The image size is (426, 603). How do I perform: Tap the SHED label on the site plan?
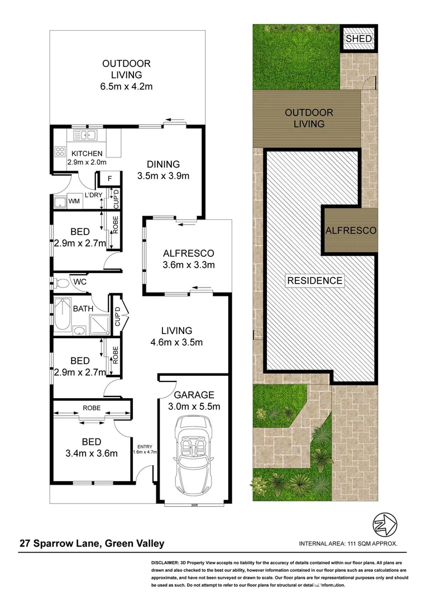pos(357,39)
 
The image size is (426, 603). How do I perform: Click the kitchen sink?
pos(84,135)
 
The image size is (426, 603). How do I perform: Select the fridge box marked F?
pos(110,178)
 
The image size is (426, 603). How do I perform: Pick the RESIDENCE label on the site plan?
pos(315,280)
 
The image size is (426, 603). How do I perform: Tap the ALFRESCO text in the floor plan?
pos(188,252)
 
